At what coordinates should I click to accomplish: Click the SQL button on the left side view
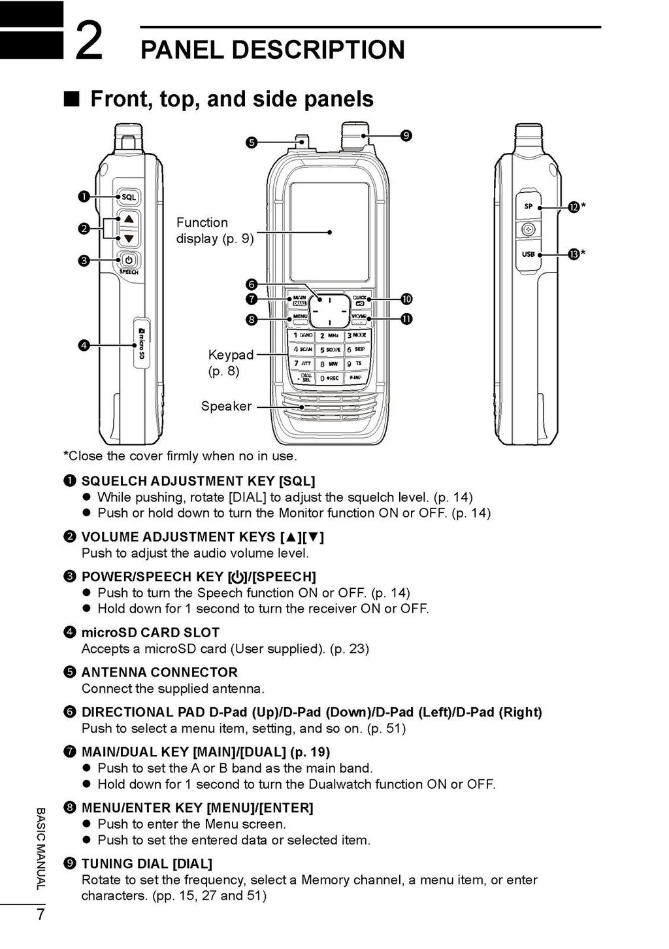(129, 197)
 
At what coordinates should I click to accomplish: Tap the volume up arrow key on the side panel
(129, 219)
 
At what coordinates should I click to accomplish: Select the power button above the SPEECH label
(129, 259)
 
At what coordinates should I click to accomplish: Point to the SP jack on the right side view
(529, 207)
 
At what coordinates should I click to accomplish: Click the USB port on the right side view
(529, 254)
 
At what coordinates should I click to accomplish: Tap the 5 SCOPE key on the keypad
(330, 350)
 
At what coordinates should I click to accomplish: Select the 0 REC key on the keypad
(330, 378)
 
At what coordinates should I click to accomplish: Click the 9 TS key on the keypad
(357, 364)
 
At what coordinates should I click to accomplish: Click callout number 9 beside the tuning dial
(406, 135)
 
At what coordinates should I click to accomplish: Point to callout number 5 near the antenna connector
(252, 142)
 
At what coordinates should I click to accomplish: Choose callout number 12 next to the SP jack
(573, 207)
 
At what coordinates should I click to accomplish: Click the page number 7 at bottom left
(41, 914)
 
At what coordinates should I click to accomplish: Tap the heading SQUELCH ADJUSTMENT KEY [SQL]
(198, 481)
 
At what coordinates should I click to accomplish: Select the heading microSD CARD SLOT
(150, 633)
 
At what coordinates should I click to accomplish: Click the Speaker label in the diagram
(226, 406)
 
